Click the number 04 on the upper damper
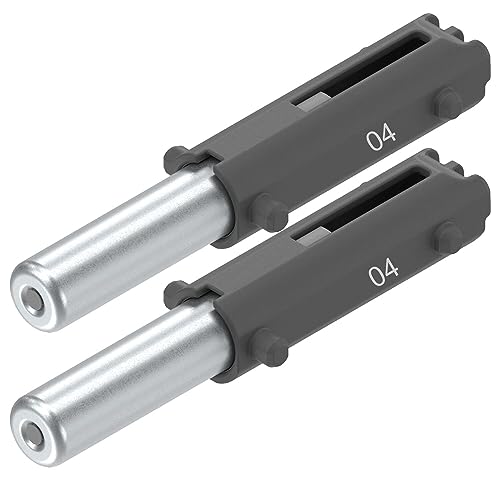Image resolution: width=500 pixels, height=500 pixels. click(x=380, y=141)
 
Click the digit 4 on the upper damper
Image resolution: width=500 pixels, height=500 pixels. click(x=388, y=140)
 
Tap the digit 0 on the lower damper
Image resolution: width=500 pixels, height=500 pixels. click(x=373, y=271)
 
